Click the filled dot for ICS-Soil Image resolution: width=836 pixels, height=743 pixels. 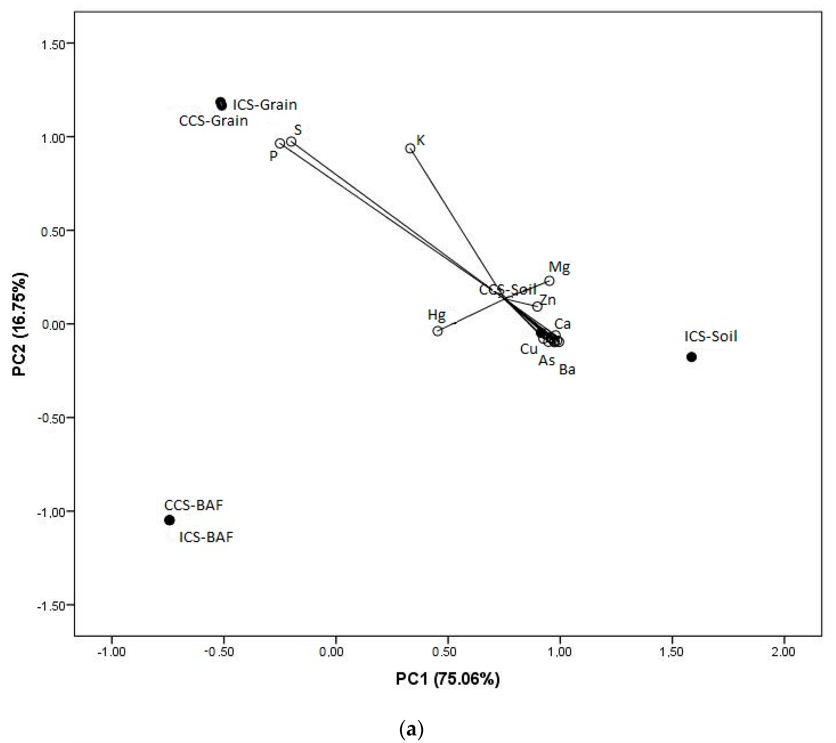coord(691,357)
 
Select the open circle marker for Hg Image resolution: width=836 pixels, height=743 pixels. coord(438,331)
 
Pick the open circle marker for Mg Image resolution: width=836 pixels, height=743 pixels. coord(549,281)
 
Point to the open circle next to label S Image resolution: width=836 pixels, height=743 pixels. coord(291,142)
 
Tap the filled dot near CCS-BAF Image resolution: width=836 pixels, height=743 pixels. coord(169,520)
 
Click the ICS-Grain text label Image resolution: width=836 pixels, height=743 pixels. coord(265,105)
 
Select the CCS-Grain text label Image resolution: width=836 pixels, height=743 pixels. coord(214,121)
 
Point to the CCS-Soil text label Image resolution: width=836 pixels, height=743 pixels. coord(508,290)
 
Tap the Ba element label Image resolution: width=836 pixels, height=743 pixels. coord(567,370)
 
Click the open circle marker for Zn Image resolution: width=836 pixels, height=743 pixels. coord(537,307)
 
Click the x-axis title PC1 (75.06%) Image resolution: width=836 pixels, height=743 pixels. coord(447,679)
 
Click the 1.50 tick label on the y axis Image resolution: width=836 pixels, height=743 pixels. coord(54,44)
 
